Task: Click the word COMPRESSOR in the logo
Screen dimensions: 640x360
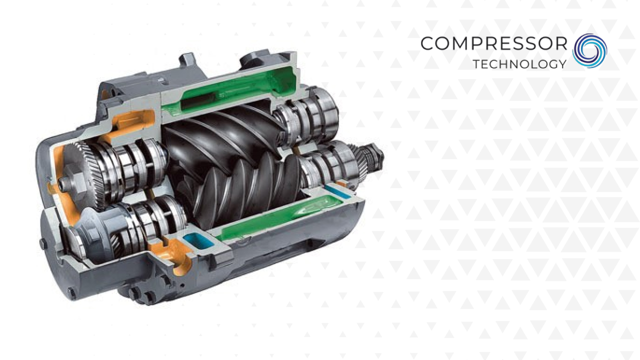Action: coord(493,43)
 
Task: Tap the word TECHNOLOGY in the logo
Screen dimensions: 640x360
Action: coord(519,64)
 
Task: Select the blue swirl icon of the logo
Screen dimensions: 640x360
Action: coord(589,51)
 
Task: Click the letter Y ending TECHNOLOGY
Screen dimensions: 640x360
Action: coord(561,64)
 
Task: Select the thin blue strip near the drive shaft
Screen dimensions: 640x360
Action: coord(338,191)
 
